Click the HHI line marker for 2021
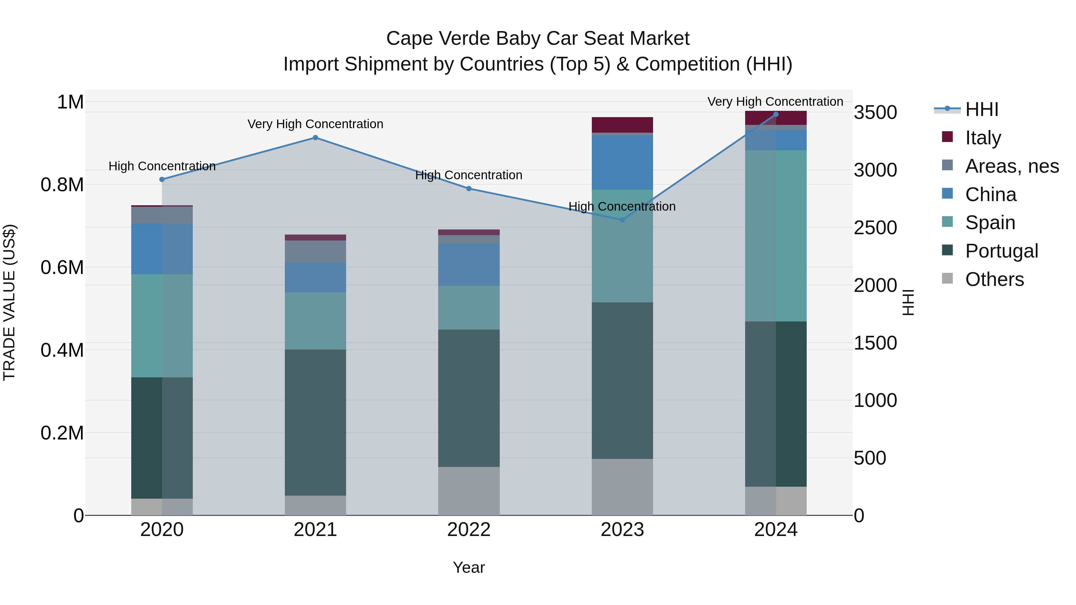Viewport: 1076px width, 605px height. tap(315, 138)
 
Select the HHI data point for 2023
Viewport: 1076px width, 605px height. tap(622, 220)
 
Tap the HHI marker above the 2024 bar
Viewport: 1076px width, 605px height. tap(776, 114)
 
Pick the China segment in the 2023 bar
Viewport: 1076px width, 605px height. tap(622, 163)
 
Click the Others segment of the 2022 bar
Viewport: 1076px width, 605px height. tap(469, 491)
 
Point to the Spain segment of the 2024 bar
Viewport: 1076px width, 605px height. tap(776, 236)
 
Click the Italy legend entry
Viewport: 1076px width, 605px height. tap(983, 138)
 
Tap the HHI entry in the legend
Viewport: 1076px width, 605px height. tap(982, 109)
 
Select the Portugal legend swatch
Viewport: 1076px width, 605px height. tap(948, 251)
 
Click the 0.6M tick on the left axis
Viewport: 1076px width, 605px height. tap(62, 267)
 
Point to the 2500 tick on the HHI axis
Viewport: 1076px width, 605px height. tap(875, 228)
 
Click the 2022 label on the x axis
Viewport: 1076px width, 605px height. tap(469, 530)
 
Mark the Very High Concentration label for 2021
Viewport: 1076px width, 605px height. tap(315, 124)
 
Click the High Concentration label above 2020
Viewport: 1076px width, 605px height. tap(162, 166)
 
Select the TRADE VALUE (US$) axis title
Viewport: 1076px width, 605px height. tap(9, 302)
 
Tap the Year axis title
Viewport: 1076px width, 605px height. tap(469, 567)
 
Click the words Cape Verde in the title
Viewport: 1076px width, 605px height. tap(438, 39)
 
